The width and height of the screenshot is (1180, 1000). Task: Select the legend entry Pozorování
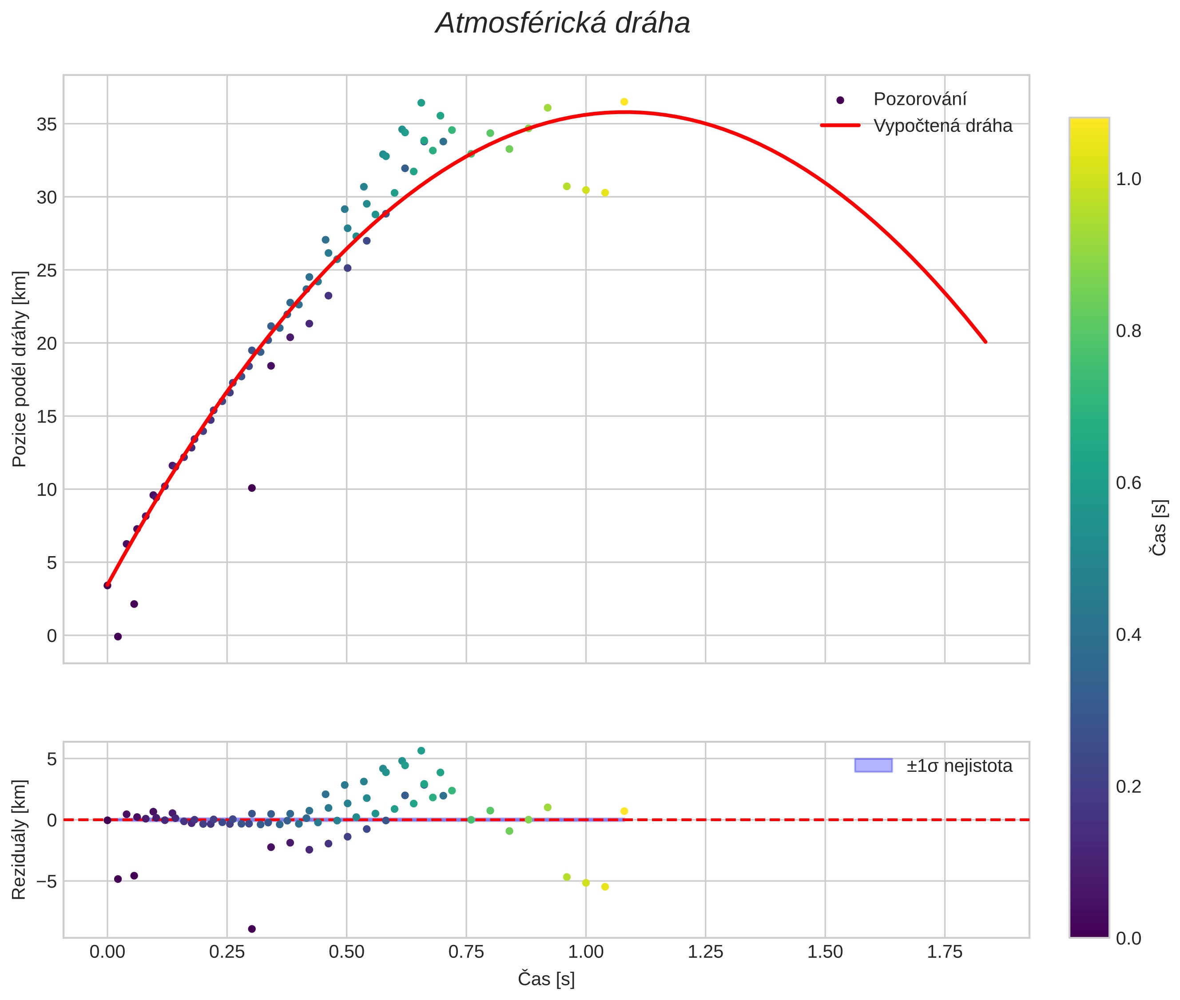click(x=919, y=99)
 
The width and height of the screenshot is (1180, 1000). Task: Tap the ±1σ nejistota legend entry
click(x=959, y=766)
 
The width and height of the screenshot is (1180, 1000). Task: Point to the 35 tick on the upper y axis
click(x=47, y=124)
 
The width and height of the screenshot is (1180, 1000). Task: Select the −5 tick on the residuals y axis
click(x=44, y=881)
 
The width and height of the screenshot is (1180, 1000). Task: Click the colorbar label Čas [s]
click(x=1160, y=527)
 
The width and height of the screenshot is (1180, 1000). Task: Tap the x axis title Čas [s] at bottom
click(x=546, y=979)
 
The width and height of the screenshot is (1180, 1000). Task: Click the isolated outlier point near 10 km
click(x=252, y=488)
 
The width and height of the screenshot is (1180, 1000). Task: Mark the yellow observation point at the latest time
click(x=624, y=102)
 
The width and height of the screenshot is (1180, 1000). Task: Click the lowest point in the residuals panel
click(x=252, y=929)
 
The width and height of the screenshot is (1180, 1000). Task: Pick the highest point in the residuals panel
click(x=421, y=751)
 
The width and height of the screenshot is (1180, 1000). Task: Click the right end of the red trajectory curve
click(x=985, y=342)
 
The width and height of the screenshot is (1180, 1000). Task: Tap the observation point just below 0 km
click(x=118, y=636)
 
